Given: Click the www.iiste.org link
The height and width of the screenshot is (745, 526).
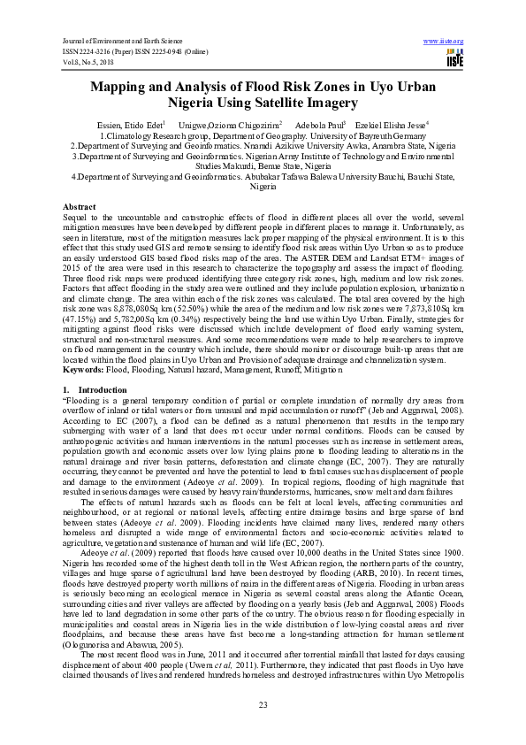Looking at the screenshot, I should [x=444, y=41].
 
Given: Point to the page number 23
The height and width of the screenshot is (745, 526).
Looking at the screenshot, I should [x=263, y=704].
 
